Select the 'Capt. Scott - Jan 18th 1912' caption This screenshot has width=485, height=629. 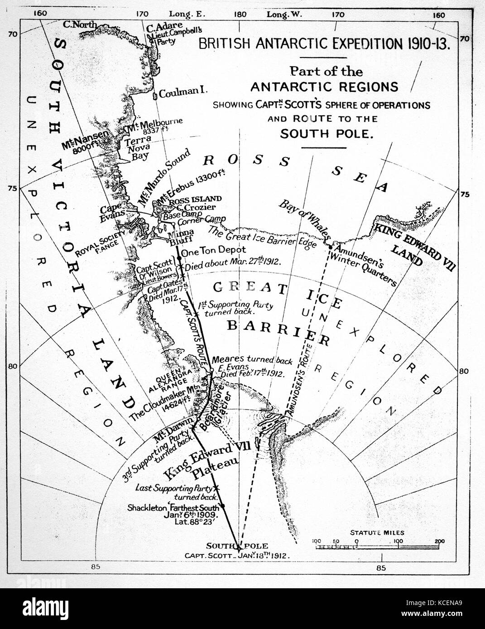237,555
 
